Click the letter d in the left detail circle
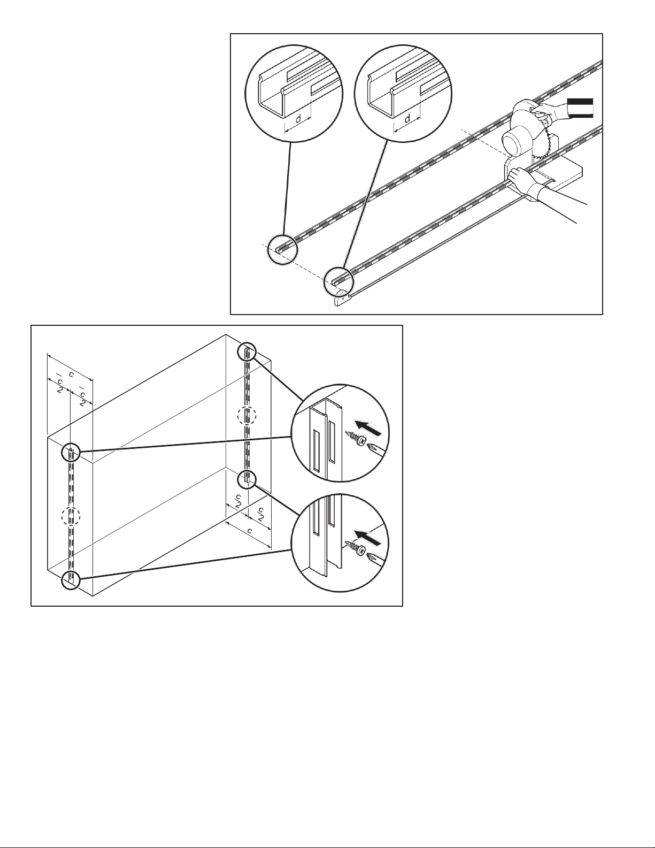click(298, 117)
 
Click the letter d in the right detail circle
click(407, 118)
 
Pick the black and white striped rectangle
click(580, 108)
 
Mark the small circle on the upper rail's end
click(281, 250)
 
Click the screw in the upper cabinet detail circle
click(355, 438)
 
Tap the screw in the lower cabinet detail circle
click(356, 549)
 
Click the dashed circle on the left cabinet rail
click(70, 517)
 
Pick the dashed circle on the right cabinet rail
click(246, 415)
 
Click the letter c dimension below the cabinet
click(249, 532)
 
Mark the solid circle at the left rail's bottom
click(70, 579)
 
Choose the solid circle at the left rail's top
click(70, 452)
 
